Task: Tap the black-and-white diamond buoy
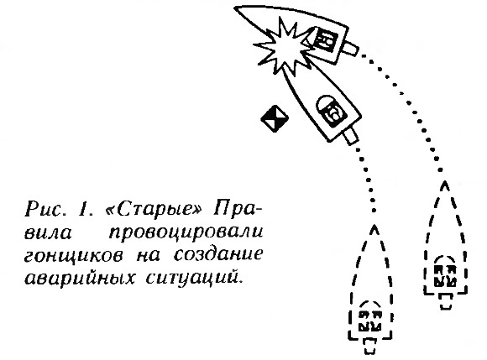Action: pyautogui.click(x=275, y=118)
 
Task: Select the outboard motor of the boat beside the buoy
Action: pyautogui.click(x=350, y=136)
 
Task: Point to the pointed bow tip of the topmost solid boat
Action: pyautogui.click(x=235, y=8)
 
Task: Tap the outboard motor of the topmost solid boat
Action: pyautogui.click(x=350, y=48)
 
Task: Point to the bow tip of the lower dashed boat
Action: pyautogui.click(x=374, y=226)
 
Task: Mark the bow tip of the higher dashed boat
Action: pyautogui.click(x=445, y=182)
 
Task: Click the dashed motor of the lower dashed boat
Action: pyautogui.click(x=369, y=346)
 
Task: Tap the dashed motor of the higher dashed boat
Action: pyautogui.click(x=446, y=301)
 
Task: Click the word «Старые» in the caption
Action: pyautogui.click(x=154, y=209)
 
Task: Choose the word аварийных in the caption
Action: pyautogui.click(x=80, y=278)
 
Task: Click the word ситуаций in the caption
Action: pyautogui.click(x=192, y=278)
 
